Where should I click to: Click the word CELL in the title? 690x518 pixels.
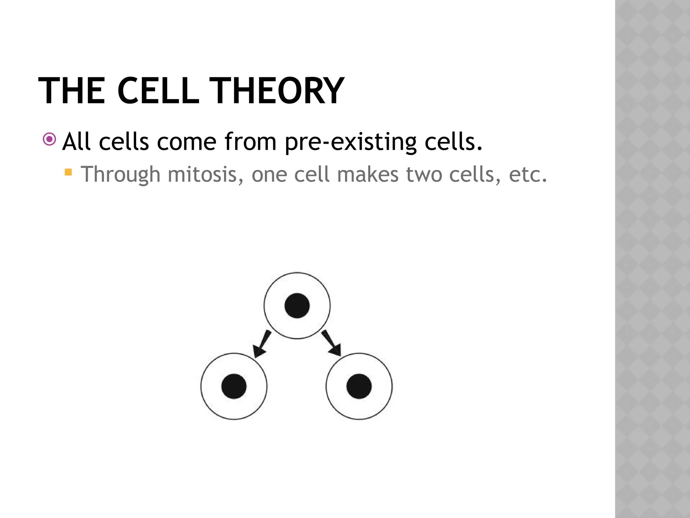click(x=158, y=90)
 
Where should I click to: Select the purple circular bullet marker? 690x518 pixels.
click(x=50, y=139)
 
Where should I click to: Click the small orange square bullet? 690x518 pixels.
click(x=68, y=172)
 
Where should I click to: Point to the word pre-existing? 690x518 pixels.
click(x=350, y=142)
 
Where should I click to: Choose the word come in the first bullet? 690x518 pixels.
click(x=186, y=142)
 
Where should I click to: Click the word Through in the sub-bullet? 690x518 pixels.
click(x=121, y=174)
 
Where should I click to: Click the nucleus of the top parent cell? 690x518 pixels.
click(x=297, y=306)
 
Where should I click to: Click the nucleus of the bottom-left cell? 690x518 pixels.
click(x=234, y=386)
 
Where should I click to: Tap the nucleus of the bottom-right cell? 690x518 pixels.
click(x=359, y=386)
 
